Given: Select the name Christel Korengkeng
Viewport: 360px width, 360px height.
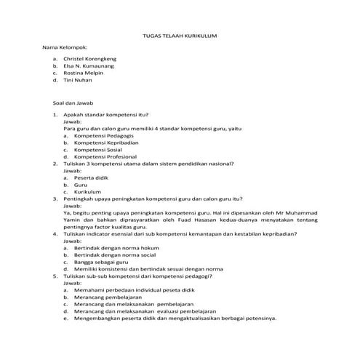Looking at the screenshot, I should pyautogui.click(x=90, y=58).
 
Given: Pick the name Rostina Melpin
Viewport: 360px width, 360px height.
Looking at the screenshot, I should pyautogui.click(x=84, y=73).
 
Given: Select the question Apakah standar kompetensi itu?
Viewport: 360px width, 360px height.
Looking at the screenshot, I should pyautogui.click(x=105, y=115).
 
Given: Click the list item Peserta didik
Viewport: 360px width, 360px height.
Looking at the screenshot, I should pyautogui.click(x=91, y=177).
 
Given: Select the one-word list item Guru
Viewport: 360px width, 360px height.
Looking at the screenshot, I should pyautogui.click(x=81, y=185).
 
